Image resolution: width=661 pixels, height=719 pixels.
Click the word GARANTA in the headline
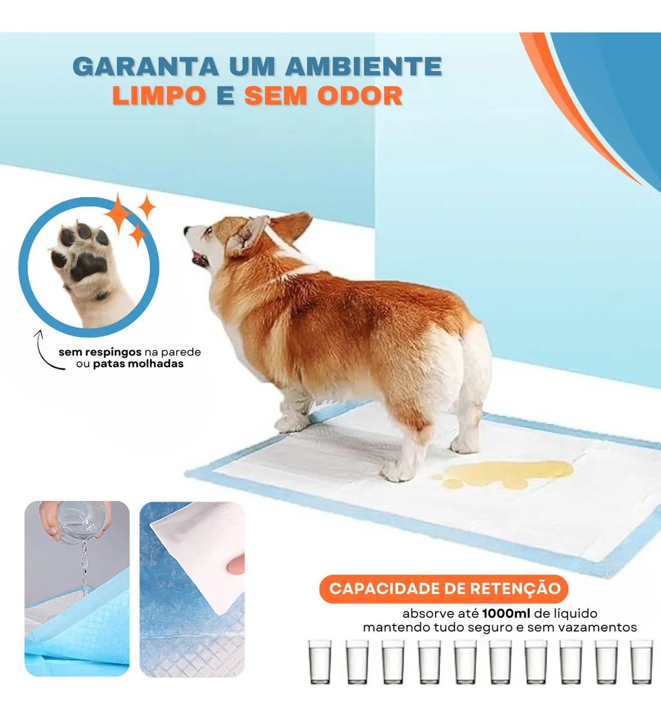[x=146, y=67]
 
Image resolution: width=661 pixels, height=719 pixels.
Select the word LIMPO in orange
[x=159, y=95]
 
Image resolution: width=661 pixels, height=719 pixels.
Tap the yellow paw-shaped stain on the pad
[x=504, y=475]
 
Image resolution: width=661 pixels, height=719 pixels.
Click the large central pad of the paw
[x=87, y=266]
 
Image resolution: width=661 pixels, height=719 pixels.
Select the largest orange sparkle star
[x=118, y=213]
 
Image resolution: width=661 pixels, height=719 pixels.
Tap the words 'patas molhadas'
[x=138, y=364]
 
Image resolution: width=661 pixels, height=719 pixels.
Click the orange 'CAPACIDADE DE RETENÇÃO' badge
[x=444, y=588]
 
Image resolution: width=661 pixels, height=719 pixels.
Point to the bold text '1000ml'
[x=506, y=614]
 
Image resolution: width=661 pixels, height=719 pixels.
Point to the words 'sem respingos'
[x=100, y=352]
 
